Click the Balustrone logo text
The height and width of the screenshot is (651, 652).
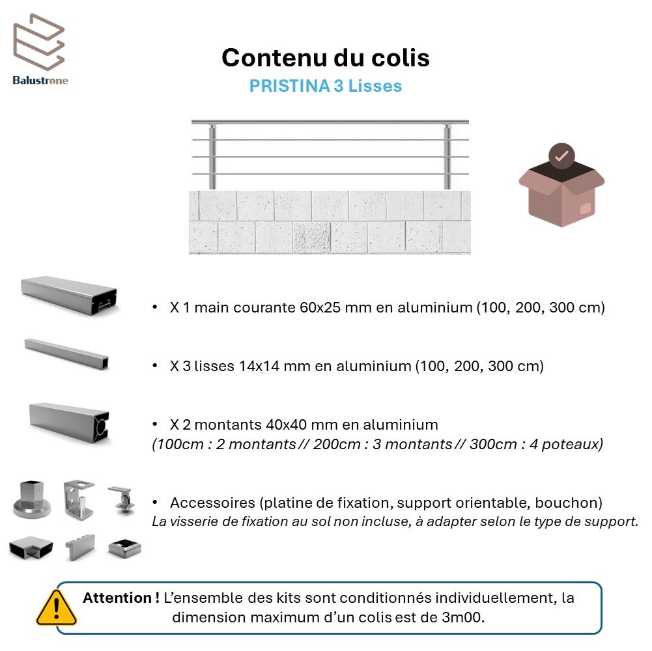click(x=40, y=80)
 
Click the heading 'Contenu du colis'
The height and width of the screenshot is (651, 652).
click(x=326, y=57)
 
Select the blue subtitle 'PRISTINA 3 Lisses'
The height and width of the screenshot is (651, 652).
click(x=326, y=86)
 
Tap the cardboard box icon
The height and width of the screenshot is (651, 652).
click(x=561, y=193)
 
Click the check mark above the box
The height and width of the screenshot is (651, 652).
click(x=561, y=156)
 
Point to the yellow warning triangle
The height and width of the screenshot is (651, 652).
click(x=56, y=608)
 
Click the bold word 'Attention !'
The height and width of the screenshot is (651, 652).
click(x=121, y=598)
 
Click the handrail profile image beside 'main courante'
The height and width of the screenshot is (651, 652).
click(x=69, y=295)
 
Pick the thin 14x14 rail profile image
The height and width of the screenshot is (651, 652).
click(x=66, y=353)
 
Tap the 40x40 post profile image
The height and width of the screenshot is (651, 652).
click(x=69, y=422)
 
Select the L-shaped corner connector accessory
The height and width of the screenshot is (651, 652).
click(x=31, y=547)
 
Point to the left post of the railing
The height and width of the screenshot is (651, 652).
click(x=212, y=156)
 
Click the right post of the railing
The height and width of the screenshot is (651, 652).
click(x=447, y=156)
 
